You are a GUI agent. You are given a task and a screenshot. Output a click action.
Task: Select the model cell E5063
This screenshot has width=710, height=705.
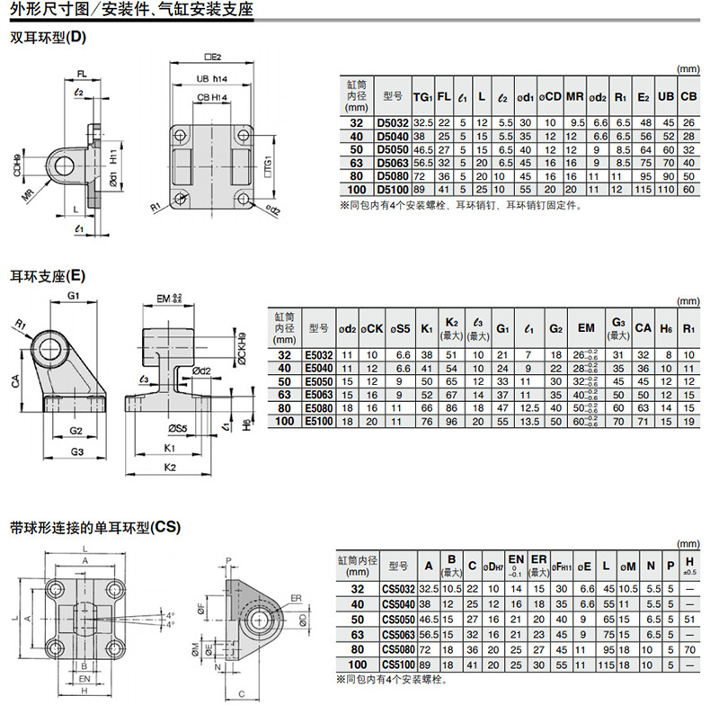pos(319,395)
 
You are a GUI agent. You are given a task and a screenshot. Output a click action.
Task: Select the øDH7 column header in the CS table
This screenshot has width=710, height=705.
pos(493,567)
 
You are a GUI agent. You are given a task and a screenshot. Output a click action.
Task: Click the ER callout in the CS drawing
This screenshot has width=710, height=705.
pos(296,595)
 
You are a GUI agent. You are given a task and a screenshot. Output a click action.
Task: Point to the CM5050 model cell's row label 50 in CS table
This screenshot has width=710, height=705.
pos(358,620)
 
